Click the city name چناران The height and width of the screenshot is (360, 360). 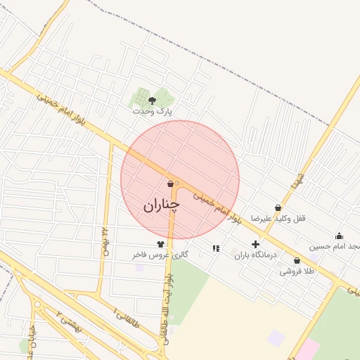[161, 205]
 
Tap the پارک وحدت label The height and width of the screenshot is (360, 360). [152, 111]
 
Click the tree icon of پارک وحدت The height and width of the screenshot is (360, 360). [152, 101]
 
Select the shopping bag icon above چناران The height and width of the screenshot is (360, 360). [171, 184]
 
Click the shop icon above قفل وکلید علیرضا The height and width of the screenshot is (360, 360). [278, 208]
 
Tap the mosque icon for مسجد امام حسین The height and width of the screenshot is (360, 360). [340, 236]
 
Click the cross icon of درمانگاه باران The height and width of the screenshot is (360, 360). [255, 244]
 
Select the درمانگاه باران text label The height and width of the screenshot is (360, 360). [255, 255]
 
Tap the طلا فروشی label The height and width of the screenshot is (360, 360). [297, 271]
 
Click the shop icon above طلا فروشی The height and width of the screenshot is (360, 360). [297, 260]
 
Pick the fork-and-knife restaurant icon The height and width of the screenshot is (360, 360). [216, 247]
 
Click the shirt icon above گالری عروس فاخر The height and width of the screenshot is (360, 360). [160, 244]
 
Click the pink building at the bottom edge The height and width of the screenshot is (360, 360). [307, 349]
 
